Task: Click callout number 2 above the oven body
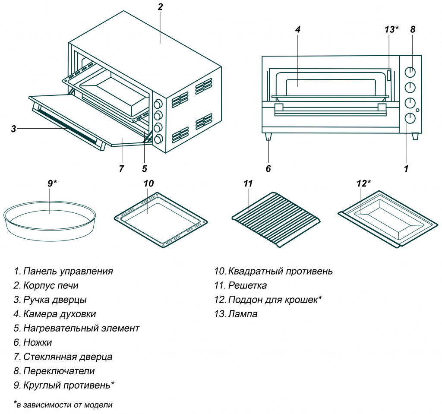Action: (160, 7)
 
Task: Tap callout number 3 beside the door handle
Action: (14, 128)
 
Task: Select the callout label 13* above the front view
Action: (391, 29)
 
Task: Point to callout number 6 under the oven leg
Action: (268, 168)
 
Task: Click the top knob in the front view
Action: (410, 72)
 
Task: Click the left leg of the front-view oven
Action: (268, 136)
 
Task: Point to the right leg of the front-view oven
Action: (415, 136)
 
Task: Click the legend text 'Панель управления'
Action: (68, 271)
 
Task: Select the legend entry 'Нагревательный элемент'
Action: (81, 328)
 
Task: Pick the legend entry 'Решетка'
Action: (247, 285)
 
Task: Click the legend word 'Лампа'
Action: (243, 314)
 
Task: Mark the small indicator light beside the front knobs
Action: (417, 110)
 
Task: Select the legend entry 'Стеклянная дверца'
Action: (68, 357)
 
